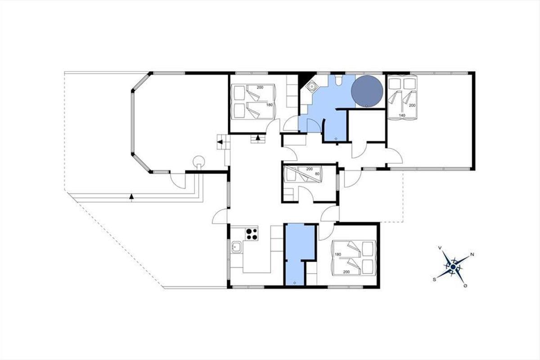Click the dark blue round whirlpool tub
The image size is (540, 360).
coord(367,92)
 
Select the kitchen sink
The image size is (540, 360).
coord(237,247)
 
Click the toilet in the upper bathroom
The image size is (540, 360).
coord(338,80)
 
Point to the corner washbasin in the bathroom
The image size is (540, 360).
coord(312,86)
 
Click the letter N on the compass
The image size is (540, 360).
coord(472,254)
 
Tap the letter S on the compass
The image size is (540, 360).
coord(434,280)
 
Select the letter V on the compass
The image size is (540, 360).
coord(440,247)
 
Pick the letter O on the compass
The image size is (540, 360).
coord(465,286)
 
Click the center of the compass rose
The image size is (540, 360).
coord(453,267)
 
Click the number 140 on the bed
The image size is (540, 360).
coord(402,116)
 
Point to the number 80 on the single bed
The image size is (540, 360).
coord(318,174)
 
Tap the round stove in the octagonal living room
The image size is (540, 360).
coord(199,160)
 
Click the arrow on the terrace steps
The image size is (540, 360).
coord(131,197)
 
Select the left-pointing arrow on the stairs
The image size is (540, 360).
coord(220,142)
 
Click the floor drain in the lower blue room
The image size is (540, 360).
coord(295,283)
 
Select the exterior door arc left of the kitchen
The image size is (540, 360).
coord(220,216)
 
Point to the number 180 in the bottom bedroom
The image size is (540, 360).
coord(338,254)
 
